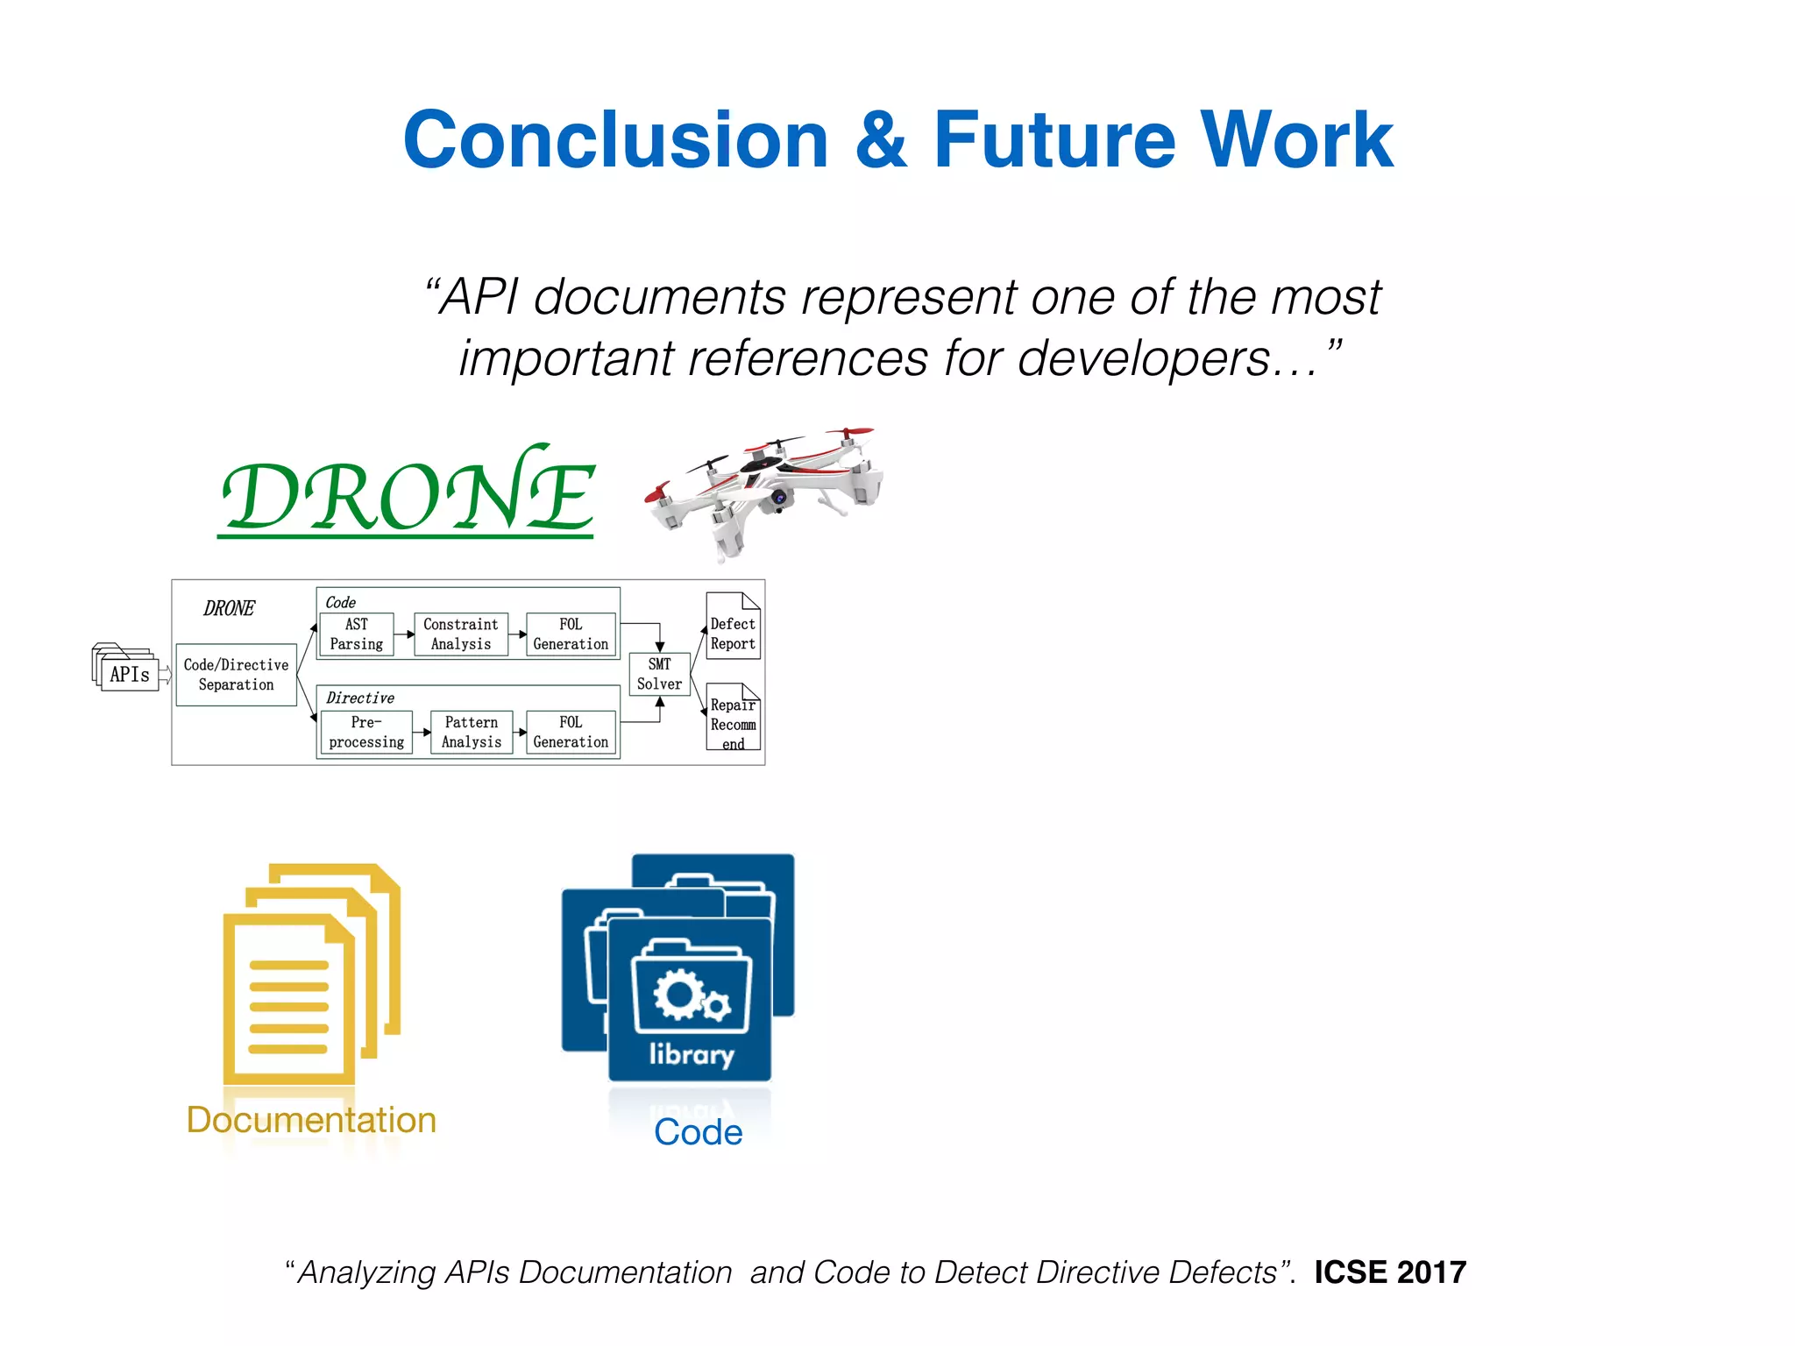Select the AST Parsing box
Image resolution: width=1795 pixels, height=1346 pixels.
click(356, 634)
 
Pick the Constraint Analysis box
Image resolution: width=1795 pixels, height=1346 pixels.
click(460, 634)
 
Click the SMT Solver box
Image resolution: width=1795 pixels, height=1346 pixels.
click(659, 674)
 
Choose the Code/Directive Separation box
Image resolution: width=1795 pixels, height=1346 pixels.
click(236, 675)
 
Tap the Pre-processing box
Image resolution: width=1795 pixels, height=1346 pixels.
click(366, 733)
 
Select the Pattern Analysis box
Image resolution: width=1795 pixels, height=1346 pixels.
click(471, 733)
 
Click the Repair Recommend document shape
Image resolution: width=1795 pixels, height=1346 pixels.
click(733, 719)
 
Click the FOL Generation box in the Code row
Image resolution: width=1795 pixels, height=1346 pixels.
click(571, 634)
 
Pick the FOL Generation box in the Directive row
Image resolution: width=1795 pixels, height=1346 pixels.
click(571, 733)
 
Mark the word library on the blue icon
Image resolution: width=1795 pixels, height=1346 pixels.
click(692, 1054)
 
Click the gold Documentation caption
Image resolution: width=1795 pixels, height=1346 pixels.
click(311, 1120)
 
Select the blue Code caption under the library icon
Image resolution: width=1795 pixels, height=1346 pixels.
click(698, 1132)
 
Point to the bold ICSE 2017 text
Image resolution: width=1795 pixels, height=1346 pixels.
click(1390, 1272)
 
